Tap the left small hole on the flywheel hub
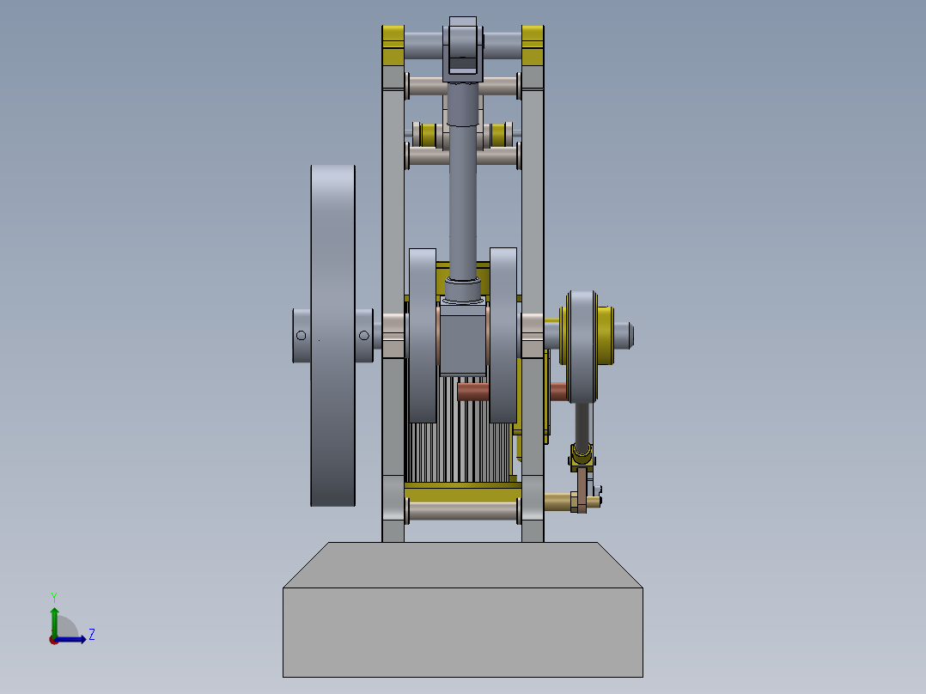[301, 335]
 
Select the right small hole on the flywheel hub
[364, 335]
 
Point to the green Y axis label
[53, 596]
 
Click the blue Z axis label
[91, 635]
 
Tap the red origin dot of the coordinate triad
[54, 639]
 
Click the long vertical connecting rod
[463, 189]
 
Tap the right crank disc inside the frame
[503, 335]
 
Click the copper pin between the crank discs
[473, 393]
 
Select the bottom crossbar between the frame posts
[463, 511]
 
